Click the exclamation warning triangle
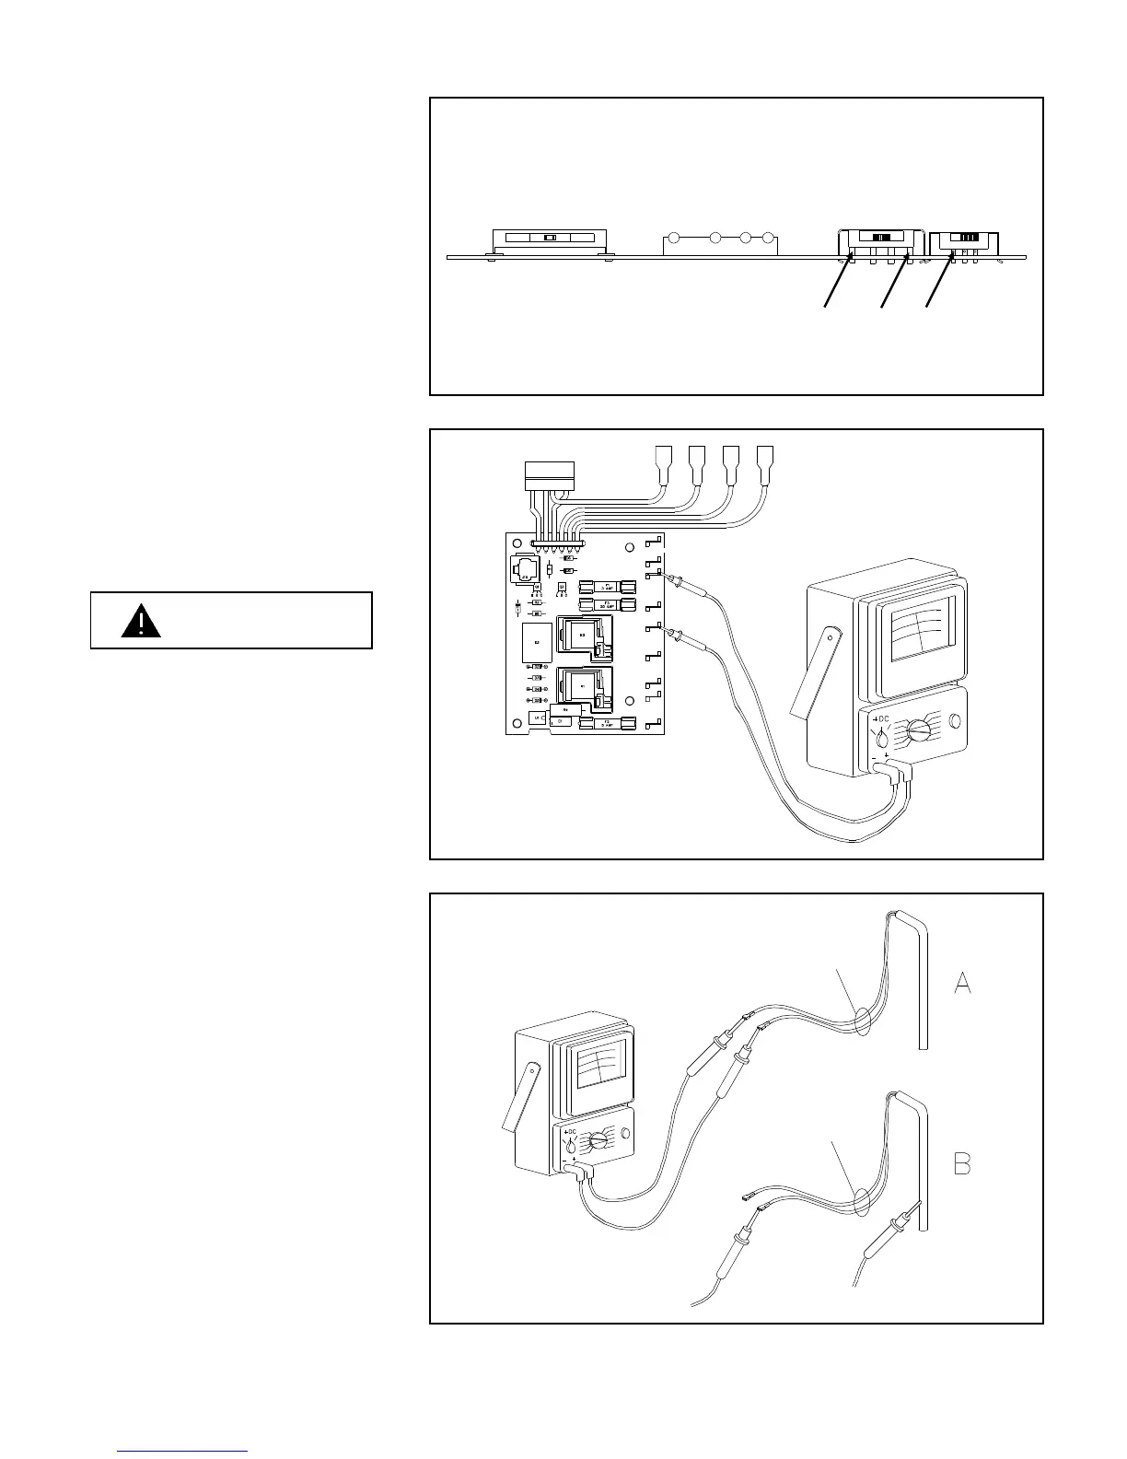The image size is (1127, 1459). (x=141, y=621)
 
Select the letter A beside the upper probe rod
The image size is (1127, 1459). (x=962, y=983)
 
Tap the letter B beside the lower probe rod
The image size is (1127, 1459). (x=962, y=1164)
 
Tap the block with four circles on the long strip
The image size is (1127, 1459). (x=721, y=243)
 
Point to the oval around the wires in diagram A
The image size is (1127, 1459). (x=863, y=1022)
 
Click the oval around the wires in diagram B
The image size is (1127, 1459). (x=863, y=1201)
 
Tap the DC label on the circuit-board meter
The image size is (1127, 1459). (x=883, y=718)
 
